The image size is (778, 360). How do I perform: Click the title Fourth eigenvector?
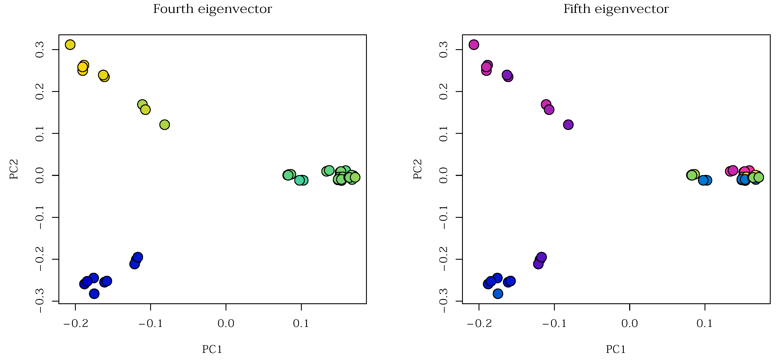(x=212, y=9)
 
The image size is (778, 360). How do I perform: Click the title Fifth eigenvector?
(x=616, y=9)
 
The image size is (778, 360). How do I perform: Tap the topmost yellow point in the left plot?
(x=70, y=45)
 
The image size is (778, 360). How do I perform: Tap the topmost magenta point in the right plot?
(x=474, y=45)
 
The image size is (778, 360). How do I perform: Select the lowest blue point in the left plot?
(x=94, y=294)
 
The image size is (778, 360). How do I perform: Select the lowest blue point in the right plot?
(x=498, y=294)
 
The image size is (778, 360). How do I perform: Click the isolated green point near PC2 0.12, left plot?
(x=165, y=125)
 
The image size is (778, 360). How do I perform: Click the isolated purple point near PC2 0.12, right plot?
(x=568, y=125)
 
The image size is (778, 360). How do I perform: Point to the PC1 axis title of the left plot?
(x=212, y=349)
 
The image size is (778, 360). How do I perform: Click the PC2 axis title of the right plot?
(x=417, y=169)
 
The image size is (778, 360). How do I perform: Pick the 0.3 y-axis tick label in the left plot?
(x=40, y=50)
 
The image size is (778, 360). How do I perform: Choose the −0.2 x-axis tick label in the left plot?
(x=76, y=324)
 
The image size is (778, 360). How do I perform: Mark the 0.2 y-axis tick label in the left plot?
(x=40, y=92)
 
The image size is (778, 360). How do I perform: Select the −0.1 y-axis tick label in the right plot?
(x=443, y=217)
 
